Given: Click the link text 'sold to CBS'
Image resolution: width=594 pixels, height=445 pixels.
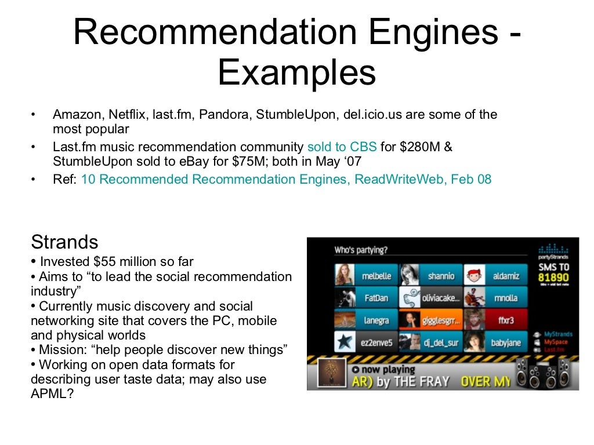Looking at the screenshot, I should pyautogui.click(x=342, y=147).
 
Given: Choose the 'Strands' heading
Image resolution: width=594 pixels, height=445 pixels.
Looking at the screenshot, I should pyautogui.click(x=64, y=242).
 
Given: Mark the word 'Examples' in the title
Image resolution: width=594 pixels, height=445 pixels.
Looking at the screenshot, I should pyautogui.click(x=296, y=74).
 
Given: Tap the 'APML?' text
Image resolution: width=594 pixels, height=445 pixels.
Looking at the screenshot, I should pyautogui.click(x=52, y=394).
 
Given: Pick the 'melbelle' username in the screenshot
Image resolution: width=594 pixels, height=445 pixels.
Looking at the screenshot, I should pyautogui.click(x=376, y=276).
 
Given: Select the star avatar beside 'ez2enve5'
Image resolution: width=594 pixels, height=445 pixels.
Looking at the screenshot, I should pyautogui.click(x=345, y=342).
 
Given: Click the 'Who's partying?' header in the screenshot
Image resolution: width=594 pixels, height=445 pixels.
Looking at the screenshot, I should pyautogui.click(x=361, y=250).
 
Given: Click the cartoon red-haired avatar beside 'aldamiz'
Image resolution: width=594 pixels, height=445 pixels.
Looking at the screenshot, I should pyautogui.click(x=475, y=276).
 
